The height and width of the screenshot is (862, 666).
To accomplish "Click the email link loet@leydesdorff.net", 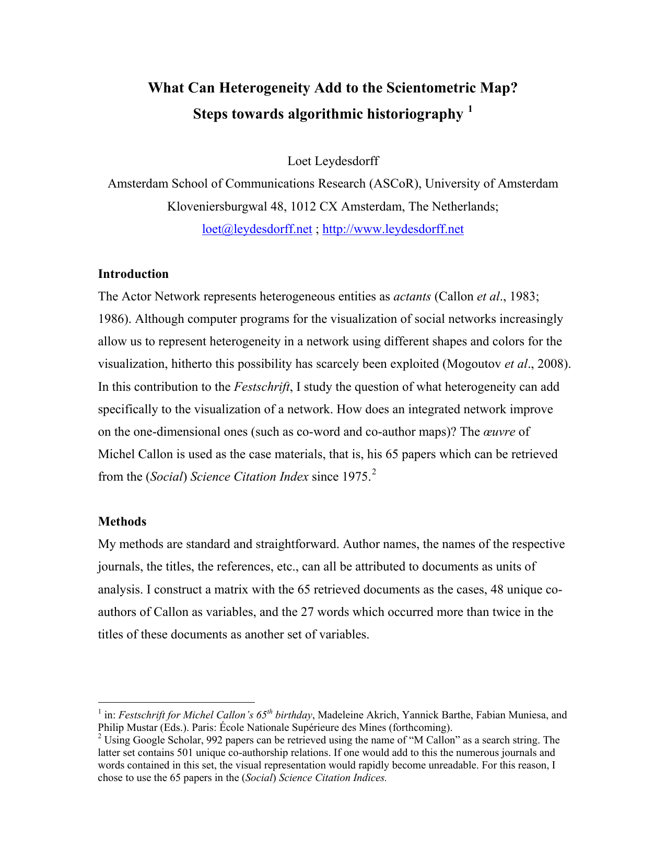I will coord(257,229).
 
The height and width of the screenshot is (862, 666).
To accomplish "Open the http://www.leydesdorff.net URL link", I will coord(393,229).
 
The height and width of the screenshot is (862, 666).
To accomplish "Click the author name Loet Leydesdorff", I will coord(333,161).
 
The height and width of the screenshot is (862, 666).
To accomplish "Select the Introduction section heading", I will coord(133,274).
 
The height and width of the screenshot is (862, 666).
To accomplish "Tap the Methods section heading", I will coord(122,521).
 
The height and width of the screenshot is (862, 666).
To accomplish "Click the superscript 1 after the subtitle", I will coord(470,109).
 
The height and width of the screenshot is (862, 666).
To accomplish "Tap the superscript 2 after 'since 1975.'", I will coord(373,472).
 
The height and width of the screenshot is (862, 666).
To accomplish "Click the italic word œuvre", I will coord(499,432).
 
